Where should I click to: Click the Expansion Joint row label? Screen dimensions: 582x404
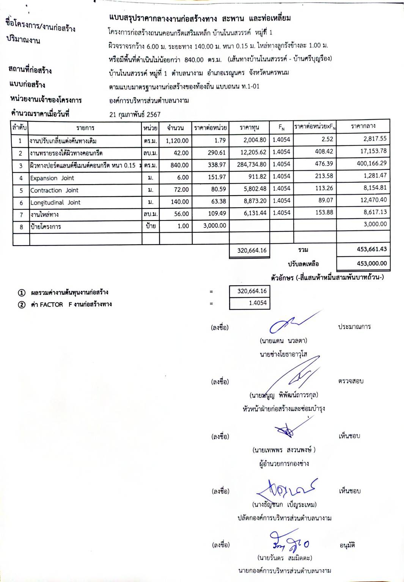[x=52, y=178]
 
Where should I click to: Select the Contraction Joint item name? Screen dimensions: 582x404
[x=54, y=190]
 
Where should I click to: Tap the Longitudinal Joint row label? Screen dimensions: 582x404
[x=55, y=202]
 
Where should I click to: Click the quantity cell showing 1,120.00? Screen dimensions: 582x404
[x=177, y=141]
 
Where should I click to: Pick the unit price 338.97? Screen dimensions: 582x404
[x=217, y=165]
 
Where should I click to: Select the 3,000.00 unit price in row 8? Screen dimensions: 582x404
[x=215, y=225]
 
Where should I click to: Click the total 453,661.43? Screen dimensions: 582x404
[x=371, y=249]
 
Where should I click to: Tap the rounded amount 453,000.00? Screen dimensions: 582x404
[x=371, y=263]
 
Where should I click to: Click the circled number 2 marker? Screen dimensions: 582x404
[x=22, y=305]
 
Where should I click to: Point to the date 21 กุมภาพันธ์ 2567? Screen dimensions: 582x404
[x=135, y=114]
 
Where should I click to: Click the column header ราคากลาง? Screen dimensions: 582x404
[x=363, y=126]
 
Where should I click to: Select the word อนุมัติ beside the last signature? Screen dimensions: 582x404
[x=347, y=545]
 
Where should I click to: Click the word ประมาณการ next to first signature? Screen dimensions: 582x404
[x=354, y=327]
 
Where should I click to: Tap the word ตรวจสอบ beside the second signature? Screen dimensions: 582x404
[x=351, y=381]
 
